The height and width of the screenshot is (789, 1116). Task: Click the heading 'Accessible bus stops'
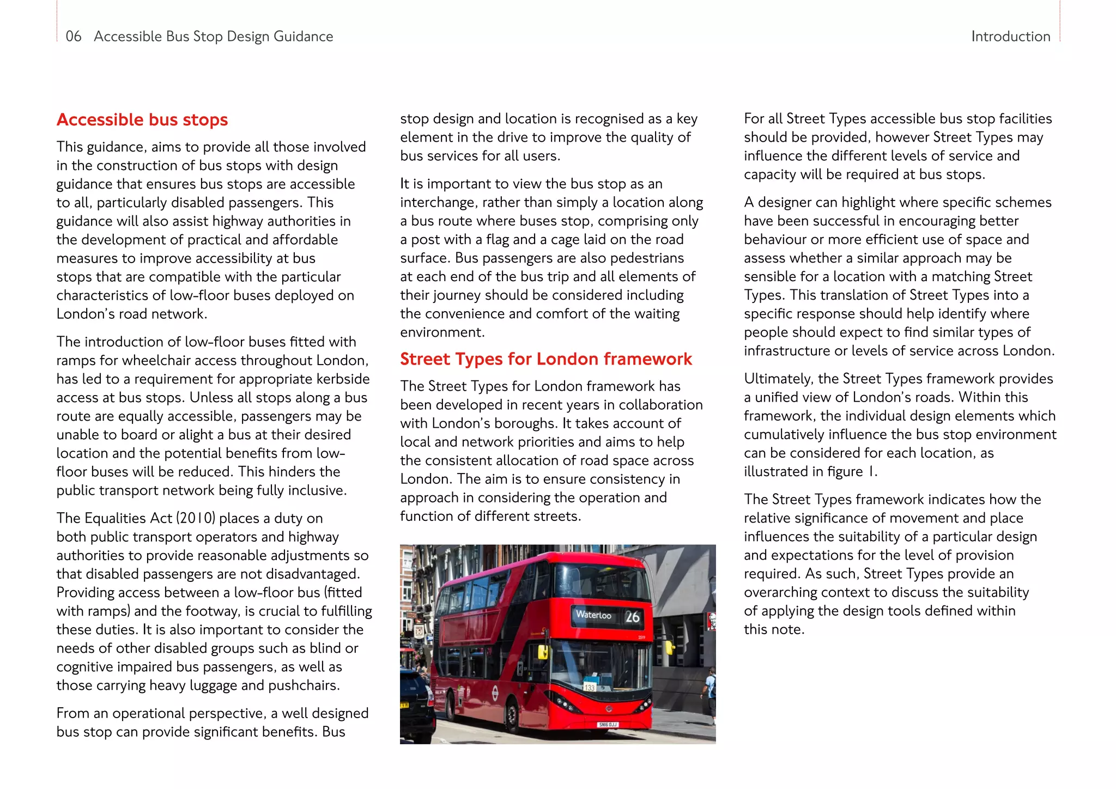pyautogui.click(x=142, y=120)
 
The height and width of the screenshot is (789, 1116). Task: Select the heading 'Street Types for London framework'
pyautogui.click(x=545, y=359)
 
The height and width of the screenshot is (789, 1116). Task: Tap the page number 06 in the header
pyautogui.click(x=73, y=37)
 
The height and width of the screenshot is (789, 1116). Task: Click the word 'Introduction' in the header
pyautogui.click(x=1010, y=37)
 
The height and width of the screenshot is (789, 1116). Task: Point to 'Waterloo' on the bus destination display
pyautogui.click(x=593, y=615)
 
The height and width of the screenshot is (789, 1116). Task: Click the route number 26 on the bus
pyautogui.click(x=632, y=617)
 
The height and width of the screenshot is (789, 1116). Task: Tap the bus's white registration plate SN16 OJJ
pyautogui.click(x=608, y=724)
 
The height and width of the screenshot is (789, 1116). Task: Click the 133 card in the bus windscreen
pyautogui.click(x=590, y=687)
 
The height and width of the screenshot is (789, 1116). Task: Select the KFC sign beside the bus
pyautogui.click(x=711, y=621)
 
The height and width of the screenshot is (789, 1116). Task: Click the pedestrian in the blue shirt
pyautogui.click(x=710, y=689)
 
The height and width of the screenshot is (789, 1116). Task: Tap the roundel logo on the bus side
pyautogui.click(x=495, y=693)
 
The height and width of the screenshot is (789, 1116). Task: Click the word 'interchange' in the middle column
pyautogui.click(x=437, y=203)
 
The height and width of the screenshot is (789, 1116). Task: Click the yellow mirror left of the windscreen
pyautogui.click(x=543, y=652)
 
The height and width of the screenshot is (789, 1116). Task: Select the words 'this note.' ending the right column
pyautogui.click(x=774, y=629)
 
